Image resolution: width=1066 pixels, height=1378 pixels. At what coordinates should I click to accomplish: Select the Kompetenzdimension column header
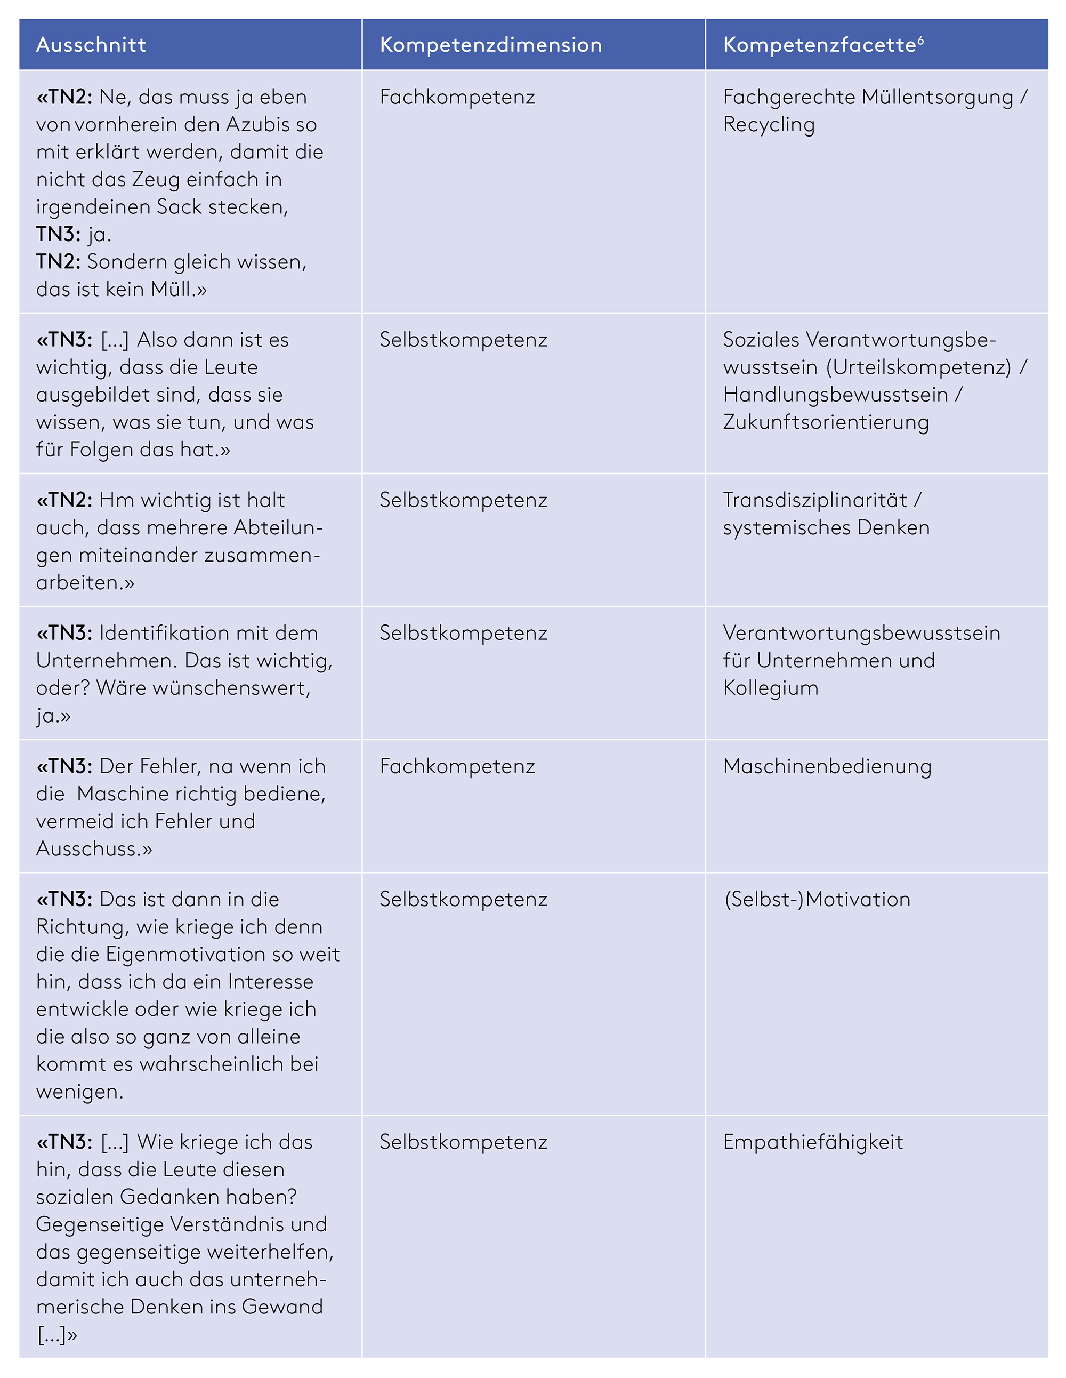(x=491, y=45)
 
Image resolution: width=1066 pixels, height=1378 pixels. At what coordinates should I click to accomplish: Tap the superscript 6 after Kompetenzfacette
(x=921, y=40)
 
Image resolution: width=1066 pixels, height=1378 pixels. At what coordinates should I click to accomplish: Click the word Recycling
(x=769, y=125)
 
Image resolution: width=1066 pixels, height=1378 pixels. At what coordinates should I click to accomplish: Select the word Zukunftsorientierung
(x=826, y=422)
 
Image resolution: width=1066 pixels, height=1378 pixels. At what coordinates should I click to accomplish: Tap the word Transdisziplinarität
(x=815, y=500)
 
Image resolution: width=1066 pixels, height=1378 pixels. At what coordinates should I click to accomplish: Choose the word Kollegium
(x=771, y=688)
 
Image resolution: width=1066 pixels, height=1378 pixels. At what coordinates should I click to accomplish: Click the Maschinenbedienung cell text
(x=827, y=767)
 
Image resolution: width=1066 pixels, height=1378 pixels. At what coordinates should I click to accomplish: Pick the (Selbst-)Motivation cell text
(x=817, y=900)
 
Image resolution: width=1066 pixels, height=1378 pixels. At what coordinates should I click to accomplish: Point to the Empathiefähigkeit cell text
(x=813, y=1143)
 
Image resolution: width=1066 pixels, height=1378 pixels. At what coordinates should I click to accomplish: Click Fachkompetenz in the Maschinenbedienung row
(x=457, y=767)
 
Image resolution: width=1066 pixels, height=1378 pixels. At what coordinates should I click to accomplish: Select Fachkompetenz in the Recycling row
(x=457, y=97)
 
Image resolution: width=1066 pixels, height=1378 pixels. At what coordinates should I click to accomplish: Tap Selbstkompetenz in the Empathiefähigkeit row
(x=464, y=1143)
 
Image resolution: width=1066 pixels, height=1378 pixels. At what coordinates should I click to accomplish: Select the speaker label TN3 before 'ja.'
(x=55, y=234)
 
